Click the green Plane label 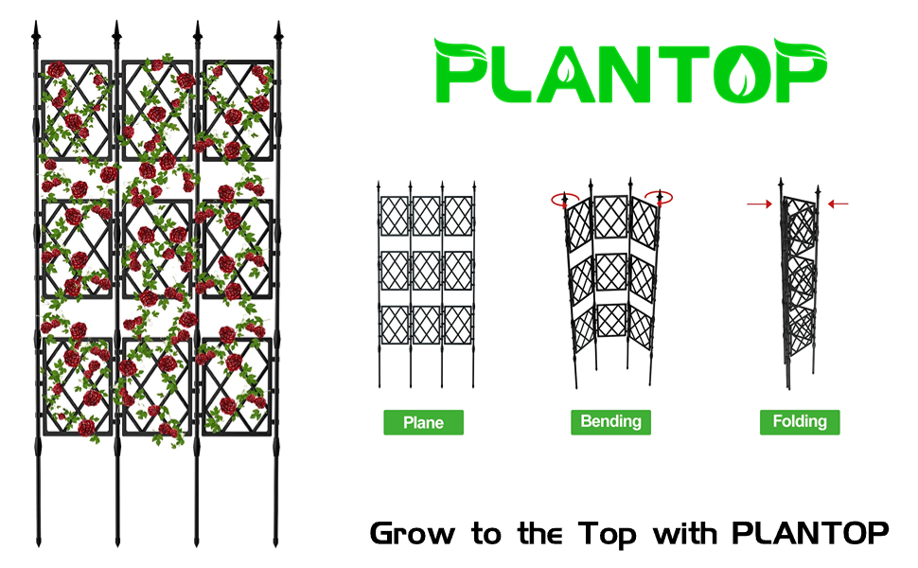(x=423, y=422)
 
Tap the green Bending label (x=610, y=421)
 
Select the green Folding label (x=800, y=421)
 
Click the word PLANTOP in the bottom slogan (x=810, y=532)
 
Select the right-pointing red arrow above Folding (x=757, y=203)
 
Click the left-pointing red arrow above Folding (x=838, y=203)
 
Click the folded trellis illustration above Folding (x=797, y=284)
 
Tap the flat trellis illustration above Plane (x=425, y=284)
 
